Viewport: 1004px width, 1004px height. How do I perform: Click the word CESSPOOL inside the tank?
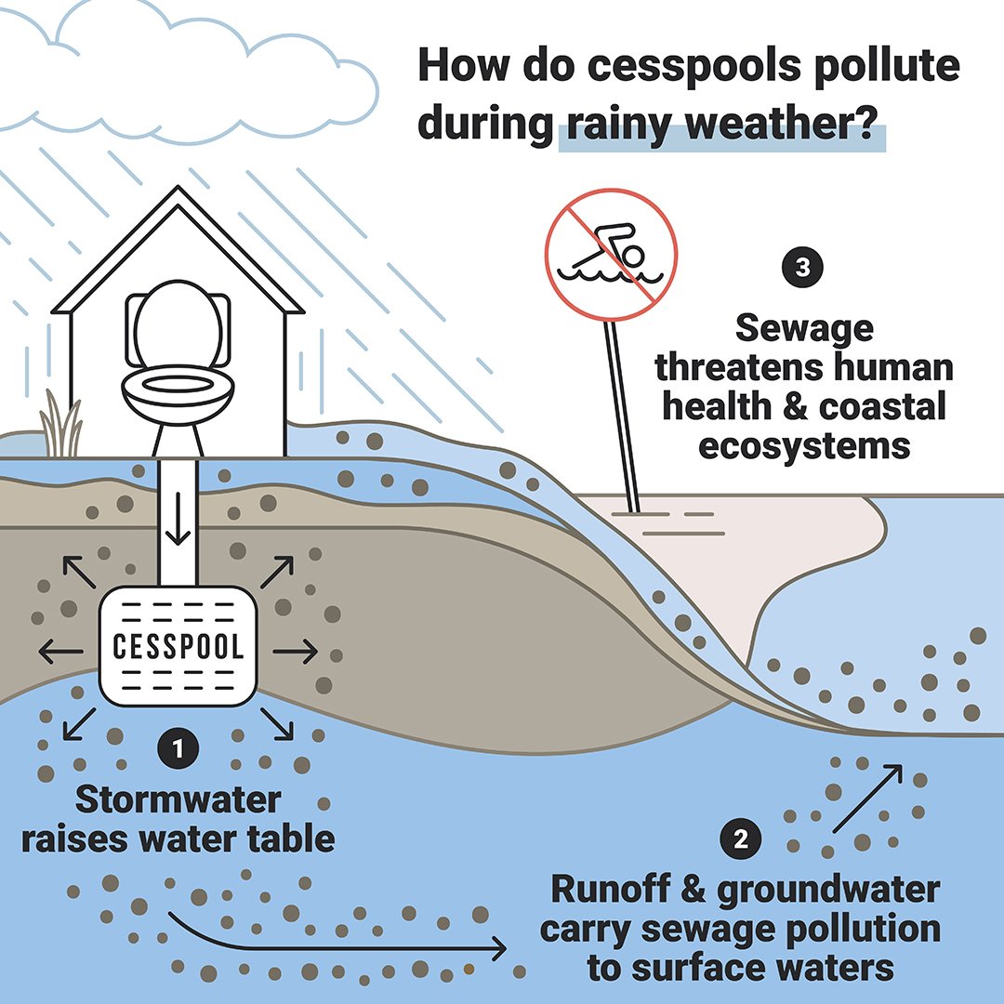coord(178,646)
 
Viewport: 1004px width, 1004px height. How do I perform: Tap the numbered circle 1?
coord(178,746)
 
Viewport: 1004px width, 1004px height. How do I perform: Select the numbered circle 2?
coord(741,839)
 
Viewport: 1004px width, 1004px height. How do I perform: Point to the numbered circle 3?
coord(803,269)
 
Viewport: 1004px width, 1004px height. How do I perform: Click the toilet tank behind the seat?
coord(177,325)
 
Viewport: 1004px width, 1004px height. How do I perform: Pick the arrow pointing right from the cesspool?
coord(296,653)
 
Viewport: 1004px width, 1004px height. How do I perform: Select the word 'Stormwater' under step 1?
coord(177,799)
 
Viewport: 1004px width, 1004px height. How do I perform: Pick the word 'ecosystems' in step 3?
coord(803,445)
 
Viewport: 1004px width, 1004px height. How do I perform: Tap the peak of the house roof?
coord(177,190)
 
